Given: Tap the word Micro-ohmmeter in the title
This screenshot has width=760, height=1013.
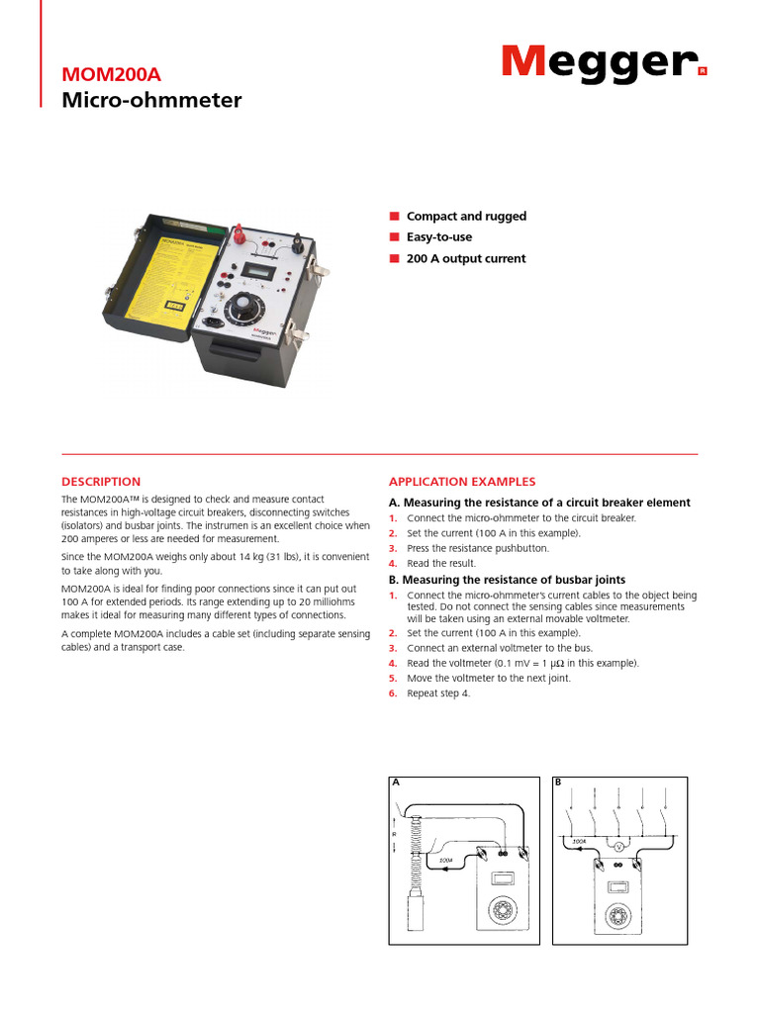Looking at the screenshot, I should click(x=151, y=100).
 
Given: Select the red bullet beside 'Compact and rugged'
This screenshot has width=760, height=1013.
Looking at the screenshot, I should click(x=393, y=216).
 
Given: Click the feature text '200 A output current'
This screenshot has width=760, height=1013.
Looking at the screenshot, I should click(x=466, y=258).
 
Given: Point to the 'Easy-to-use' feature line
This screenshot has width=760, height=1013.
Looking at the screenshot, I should click(x=439, y=237).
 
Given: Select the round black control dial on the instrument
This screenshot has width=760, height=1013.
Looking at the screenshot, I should click(x=246, y=310).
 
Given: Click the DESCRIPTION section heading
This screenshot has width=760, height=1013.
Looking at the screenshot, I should click(x=101, y=482).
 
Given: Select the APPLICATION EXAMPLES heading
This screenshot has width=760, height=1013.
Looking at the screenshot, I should click(x=462, y=482).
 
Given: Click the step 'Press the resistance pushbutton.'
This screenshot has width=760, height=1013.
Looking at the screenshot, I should click(x=478, y=548).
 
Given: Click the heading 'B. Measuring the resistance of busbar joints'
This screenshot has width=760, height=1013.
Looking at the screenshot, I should click(x=507, y=580).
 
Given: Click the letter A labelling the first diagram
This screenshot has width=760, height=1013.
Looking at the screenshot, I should click(x=395, y=783).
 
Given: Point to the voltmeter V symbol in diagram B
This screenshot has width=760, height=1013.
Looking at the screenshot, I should click(x=618, y=848).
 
